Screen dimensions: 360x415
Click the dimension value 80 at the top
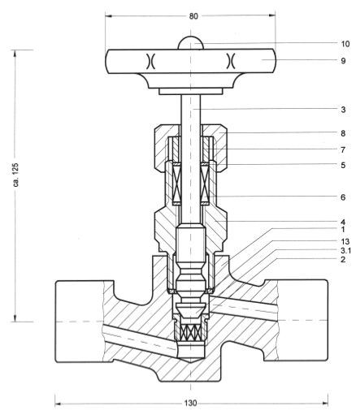(193, 16)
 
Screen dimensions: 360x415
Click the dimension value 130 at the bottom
(191, 403)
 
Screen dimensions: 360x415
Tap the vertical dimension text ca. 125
(15, 175)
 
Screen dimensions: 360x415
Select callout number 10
(345, 44)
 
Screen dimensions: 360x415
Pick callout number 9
(343, 61)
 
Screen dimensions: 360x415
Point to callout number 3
(343, 110)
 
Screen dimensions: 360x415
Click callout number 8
(343, 133)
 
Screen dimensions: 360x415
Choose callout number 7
(343, 149)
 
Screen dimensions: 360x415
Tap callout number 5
(343, 165)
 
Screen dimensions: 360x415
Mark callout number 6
(343, 197)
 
